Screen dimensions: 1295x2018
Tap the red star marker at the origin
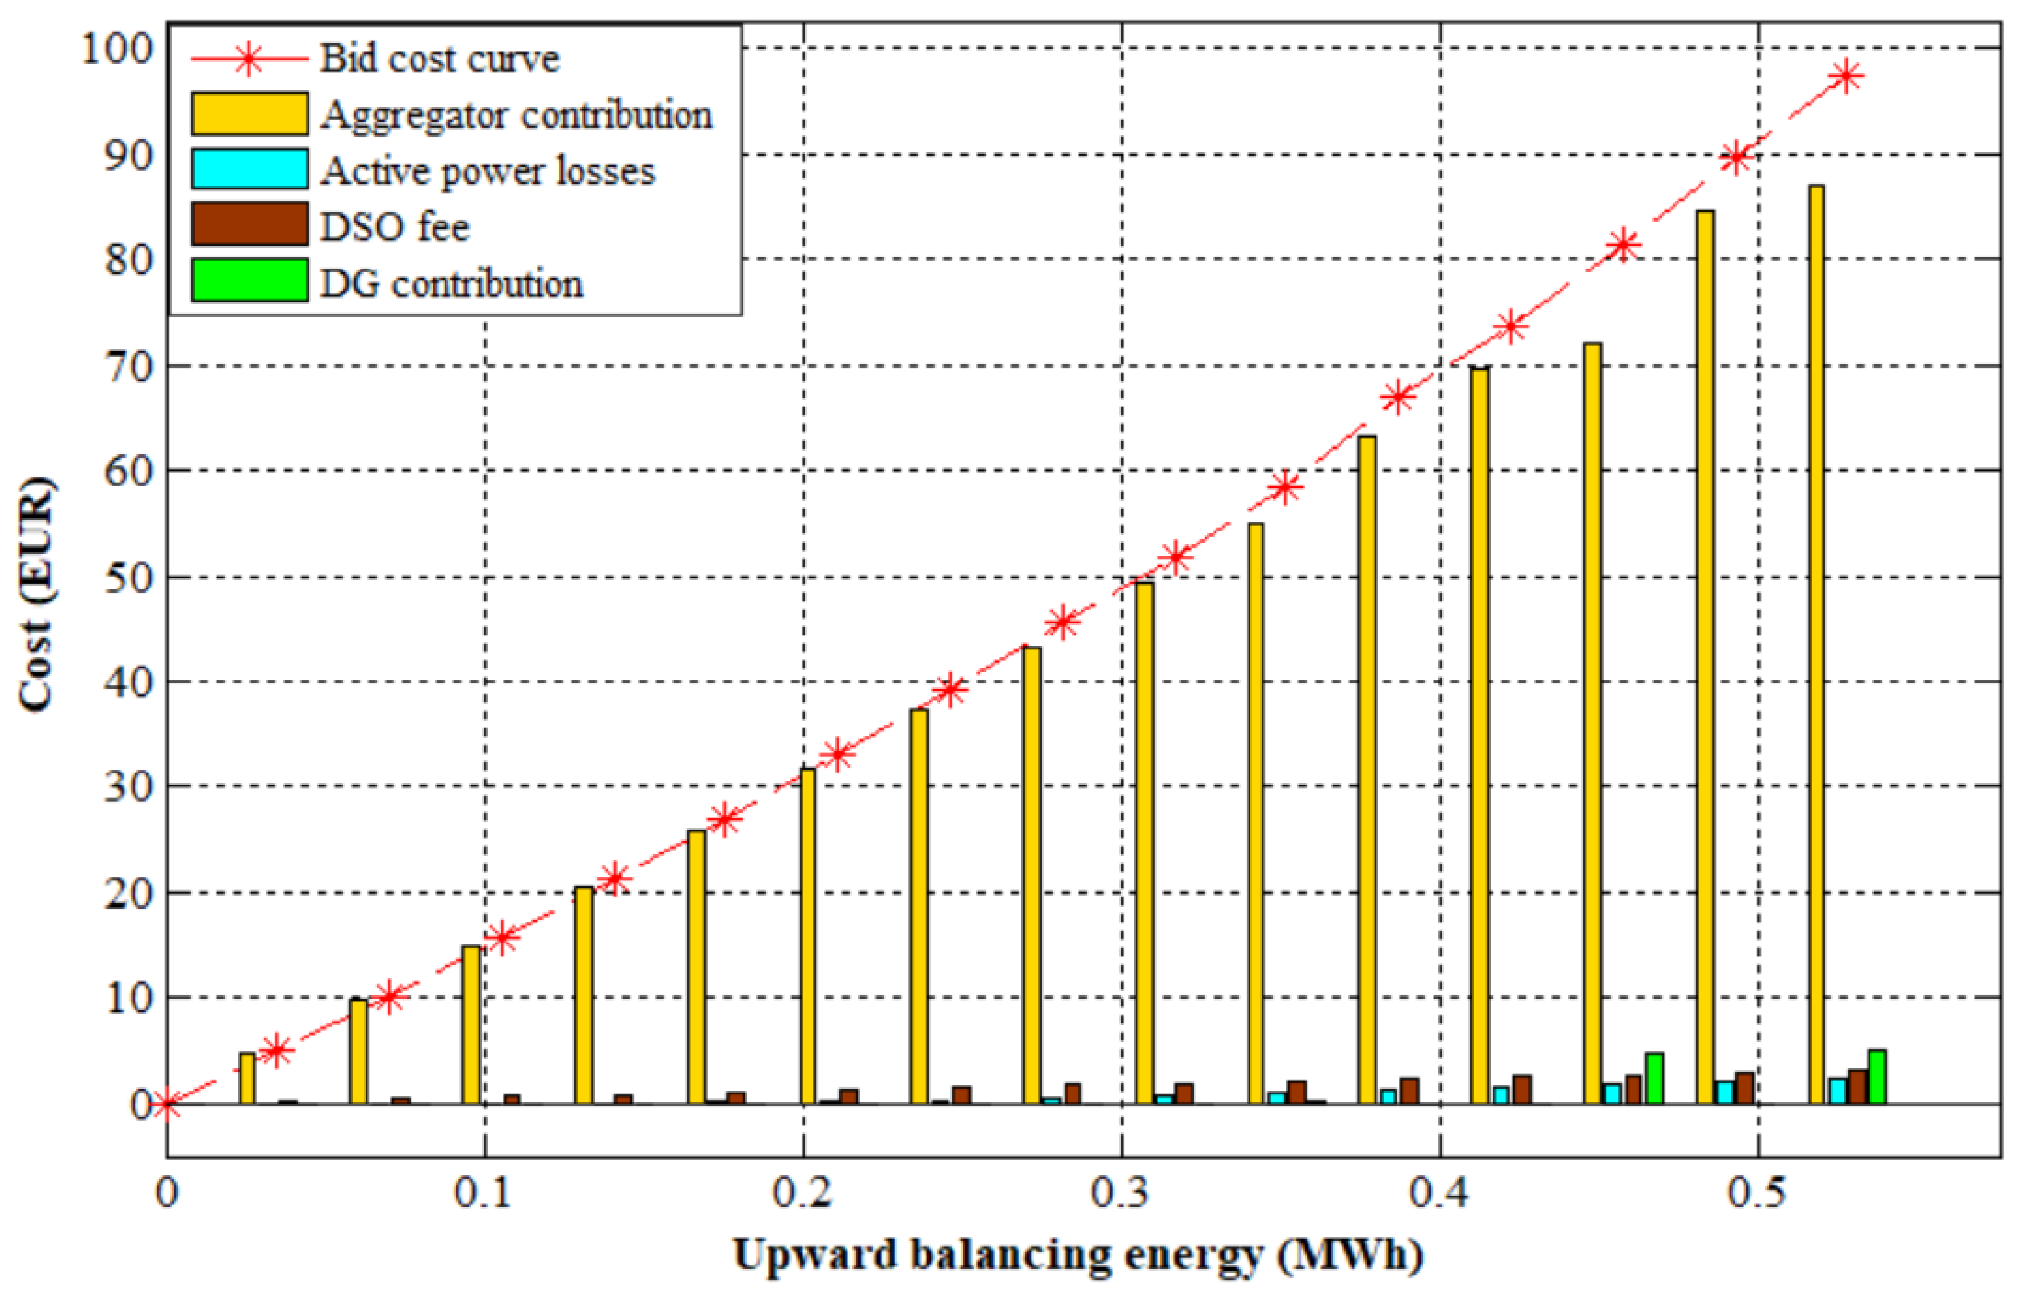coord(167,1104)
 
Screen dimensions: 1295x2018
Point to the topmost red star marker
coord(1846,77)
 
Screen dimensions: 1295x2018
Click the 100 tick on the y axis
coord(118,48)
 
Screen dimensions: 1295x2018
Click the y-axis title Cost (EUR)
coord(35,593)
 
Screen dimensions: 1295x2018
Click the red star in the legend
coord(249,59)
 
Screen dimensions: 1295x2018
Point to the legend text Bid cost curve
coord(439,59)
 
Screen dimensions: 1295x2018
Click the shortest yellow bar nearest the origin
coord(247,1078)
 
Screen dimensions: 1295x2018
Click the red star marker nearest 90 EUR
coord(1735,157)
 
